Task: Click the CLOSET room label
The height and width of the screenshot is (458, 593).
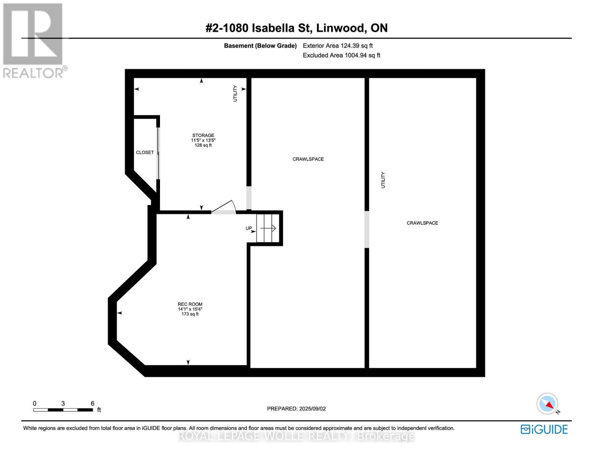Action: (145, 152)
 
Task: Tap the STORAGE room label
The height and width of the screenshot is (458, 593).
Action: (203, 135)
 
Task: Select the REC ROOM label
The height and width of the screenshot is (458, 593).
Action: (190, 304)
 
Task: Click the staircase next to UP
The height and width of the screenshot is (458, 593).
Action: (267, 228)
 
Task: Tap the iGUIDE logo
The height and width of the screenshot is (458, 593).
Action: (544, 429)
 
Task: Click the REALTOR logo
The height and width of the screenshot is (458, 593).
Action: (34, 40)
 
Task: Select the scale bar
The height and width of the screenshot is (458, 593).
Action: (63, 410)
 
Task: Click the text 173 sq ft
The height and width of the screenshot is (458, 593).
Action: (190, 314)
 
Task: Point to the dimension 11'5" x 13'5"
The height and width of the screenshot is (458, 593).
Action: (203, 140)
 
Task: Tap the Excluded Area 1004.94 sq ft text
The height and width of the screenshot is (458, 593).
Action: (341, 55)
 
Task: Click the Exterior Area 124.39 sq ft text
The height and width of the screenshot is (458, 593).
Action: (338, 46)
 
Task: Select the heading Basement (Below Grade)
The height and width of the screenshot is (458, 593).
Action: (260, 46)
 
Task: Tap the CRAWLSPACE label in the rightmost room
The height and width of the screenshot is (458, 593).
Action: (422, 223)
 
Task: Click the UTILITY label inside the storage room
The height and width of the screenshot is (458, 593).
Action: (235, 94)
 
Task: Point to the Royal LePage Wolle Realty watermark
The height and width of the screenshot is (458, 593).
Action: (296, 436)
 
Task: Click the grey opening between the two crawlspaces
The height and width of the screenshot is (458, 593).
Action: (367, 229)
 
